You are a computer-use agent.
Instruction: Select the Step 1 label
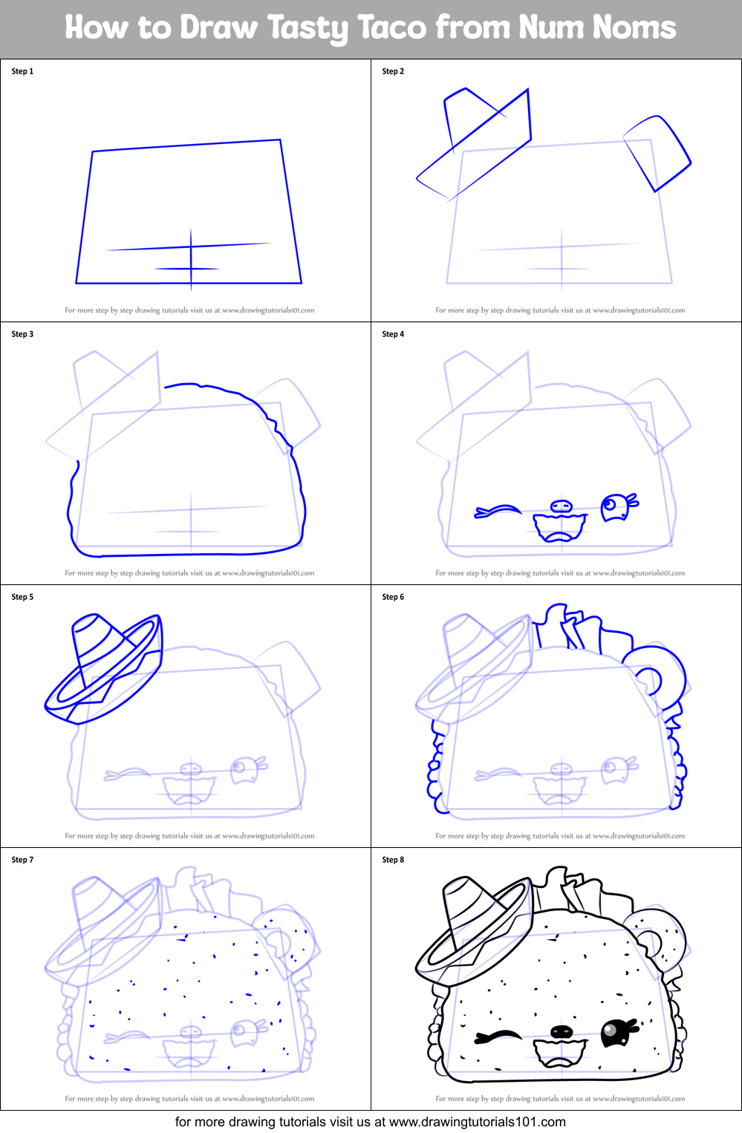[x=22, y=71]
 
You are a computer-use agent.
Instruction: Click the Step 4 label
[x=393, y=334]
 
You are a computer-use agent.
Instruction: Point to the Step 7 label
[x=22, y=860]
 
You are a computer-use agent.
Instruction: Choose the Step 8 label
[x=393, y=860]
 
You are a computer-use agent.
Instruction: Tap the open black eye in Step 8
[x=616, y=1032]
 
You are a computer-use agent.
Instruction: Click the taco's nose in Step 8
[x=562, y=1031]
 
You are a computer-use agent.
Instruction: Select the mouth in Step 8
[x=561, y=1052]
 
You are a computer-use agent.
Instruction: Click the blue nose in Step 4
[x=562, y=507]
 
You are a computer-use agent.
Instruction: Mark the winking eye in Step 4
[x=498, y=511]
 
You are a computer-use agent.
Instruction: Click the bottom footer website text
[x=370, y=1122]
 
